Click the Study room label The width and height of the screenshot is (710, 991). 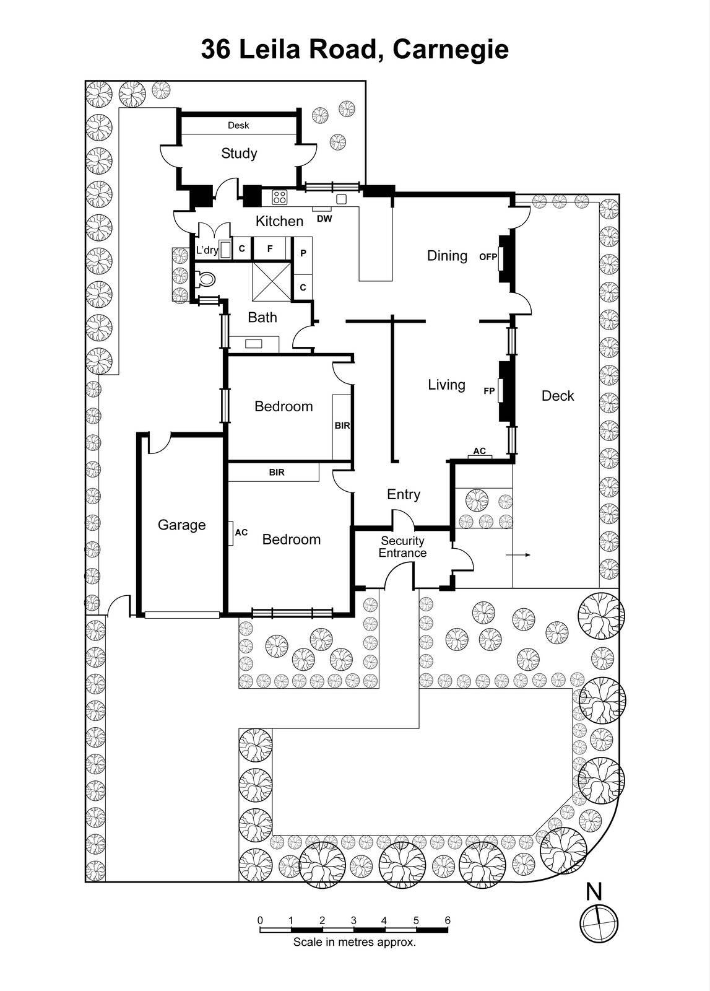tap(239, 154)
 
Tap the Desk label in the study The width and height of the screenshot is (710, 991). tap(238, 125)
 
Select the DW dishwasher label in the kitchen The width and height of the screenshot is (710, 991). tap(324, 219)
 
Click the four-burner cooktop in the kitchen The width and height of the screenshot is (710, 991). tap(280, 198)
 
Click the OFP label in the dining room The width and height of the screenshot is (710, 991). tap(488, 256)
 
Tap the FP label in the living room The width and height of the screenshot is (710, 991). tap(489, 391)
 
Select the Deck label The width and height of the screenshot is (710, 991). tap(557, 396)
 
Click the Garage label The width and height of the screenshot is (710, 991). tap(181, 525)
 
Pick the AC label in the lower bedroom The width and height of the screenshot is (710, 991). tap(241, 532)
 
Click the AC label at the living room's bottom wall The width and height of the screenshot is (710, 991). tap(479, 451)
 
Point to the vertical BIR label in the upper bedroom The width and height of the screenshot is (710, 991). tap(342, 426)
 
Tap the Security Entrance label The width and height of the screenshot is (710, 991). tap(402, 547)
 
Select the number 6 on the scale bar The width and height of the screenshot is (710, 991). tap(448, 920)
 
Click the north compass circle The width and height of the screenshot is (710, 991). tap(599, 923)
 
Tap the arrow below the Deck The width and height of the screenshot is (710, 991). tap(518, 555)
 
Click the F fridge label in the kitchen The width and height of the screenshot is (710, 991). tap(269, 249)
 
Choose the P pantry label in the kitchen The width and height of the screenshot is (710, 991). tap(303, 253)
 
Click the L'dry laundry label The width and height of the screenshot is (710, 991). tap(207, 250)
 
